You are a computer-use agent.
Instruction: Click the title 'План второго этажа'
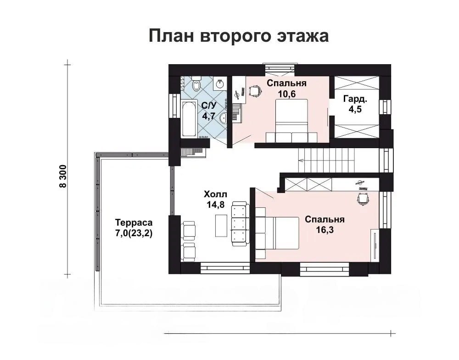(239, 36)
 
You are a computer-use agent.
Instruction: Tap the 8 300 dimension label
(63, 176)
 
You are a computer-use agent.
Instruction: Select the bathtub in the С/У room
(189, 118)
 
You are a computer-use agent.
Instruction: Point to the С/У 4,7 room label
(209, 111)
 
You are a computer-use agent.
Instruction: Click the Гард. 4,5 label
(355, 104)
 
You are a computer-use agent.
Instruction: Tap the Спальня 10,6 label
(286, 89)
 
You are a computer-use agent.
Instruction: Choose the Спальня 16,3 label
(325, 224)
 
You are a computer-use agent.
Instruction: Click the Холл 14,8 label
(215, 199)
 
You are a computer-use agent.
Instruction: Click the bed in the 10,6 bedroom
(292, 121)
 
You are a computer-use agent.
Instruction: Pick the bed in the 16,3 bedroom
(277, 233)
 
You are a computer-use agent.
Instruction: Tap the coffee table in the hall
(221, 226)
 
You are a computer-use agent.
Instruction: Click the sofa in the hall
(240, 224)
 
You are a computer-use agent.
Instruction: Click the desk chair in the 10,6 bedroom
(255, 91)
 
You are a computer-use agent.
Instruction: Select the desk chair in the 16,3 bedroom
(363, 199)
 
